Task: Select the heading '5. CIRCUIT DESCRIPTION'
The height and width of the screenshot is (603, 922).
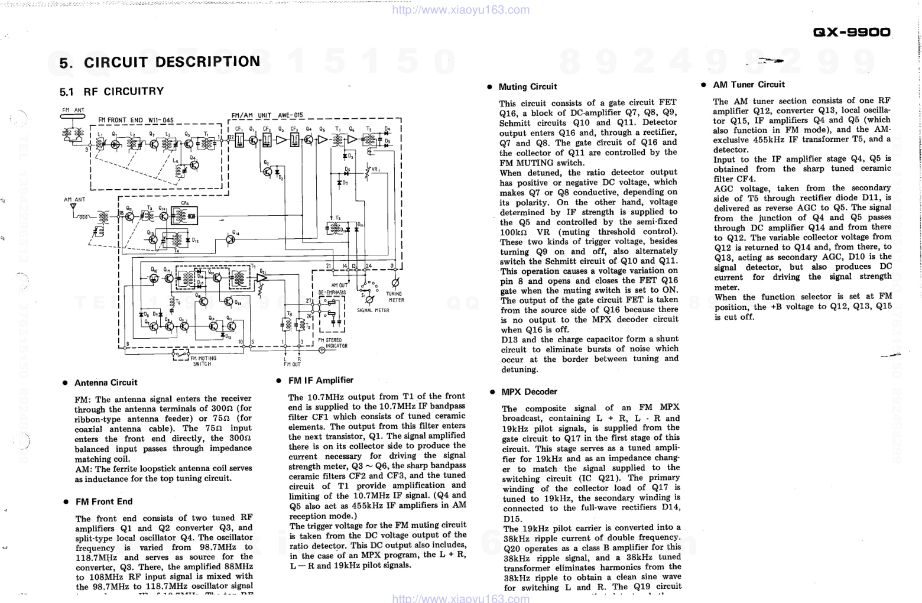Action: coord(160,62)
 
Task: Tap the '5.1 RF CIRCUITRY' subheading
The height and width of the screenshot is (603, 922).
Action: coord(112,92)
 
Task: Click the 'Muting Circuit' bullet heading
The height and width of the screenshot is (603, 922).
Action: coord(527,87)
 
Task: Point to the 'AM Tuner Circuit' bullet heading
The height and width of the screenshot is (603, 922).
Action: coord(748,85)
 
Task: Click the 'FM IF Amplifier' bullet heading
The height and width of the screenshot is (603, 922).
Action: coord(320,381)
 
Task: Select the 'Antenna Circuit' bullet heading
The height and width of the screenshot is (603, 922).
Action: coord(105,383)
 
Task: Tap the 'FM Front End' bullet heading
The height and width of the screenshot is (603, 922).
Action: coord(103,502)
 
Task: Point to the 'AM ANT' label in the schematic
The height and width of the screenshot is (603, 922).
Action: coord(74,200)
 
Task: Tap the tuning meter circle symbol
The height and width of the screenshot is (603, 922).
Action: coord(396,281)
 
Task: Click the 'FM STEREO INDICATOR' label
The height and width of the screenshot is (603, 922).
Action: coord(333,343)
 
